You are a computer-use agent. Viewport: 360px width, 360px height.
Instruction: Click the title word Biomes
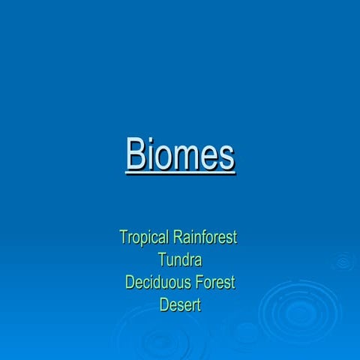coord(180,154)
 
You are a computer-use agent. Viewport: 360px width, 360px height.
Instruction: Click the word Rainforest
coord(205,238)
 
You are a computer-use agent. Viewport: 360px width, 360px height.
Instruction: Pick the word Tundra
coord(180,260)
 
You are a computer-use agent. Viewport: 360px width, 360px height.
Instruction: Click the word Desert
coord(180,305)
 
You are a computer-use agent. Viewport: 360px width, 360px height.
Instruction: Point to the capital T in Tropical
coord(124,238)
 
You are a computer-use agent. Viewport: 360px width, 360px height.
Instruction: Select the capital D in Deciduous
coord(130,283)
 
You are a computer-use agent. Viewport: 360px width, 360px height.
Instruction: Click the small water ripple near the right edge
coord(343,262)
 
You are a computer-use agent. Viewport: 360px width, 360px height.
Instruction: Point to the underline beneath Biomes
coord(180,173)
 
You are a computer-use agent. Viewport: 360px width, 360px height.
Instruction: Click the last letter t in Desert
coord(198,305)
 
